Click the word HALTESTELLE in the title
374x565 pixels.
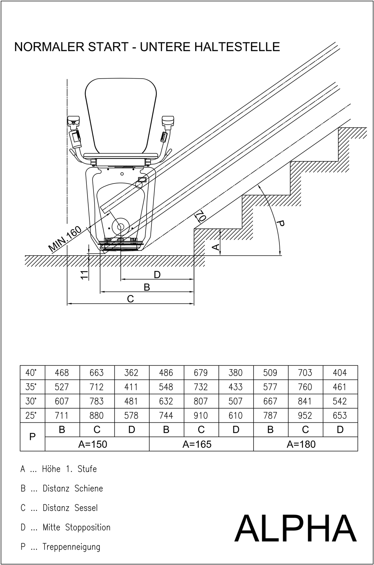[210, 47]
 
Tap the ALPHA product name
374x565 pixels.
[295, 528]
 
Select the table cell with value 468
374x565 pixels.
[62, 373]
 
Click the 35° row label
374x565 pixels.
[31, 387]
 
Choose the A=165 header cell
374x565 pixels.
[197, 444]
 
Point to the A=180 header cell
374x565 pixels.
[301, 444]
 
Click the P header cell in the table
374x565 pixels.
[33, 437]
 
